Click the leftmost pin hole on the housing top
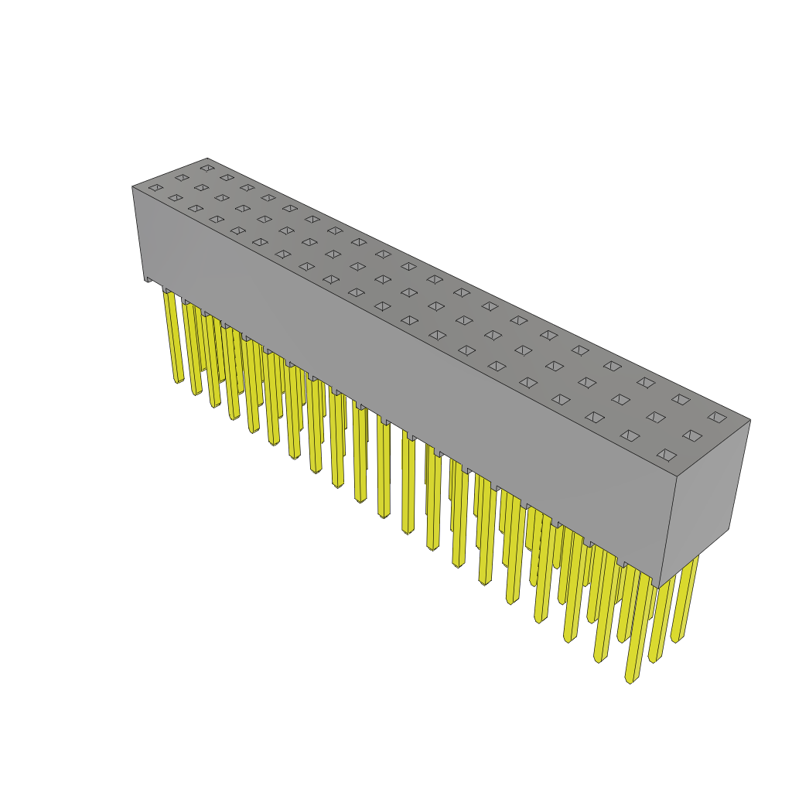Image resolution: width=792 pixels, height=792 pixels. point(156,187)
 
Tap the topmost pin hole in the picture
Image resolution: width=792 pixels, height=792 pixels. point(207,167)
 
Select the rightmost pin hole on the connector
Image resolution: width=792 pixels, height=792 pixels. point(717,417)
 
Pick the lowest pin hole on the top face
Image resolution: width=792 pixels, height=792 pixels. point(667,455)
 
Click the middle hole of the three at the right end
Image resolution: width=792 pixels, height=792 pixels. point(692,435)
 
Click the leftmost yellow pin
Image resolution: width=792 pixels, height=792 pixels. point(172,336)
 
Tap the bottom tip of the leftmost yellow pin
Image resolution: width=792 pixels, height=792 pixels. point(179,381)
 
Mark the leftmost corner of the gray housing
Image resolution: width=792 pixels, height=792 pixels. point(133,187)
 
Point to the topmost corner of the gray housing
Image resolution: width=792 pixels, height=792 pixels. point(207,159)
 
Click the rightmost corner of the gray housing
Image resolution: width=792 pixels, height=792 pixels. point(750,420)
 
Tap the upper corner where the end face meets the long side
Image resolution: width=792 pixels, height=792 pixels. point(677,476)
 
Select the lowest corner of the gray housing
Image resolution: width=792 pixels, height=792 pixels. point(657,588)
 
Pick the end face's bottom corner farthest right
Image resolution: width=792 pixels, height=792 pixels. point(729,529)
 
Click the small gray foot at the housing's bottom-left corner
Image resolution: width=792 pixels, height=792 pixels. point(148,279)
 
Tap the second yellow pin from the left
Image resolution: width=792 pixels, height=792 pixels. point(192,348)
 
